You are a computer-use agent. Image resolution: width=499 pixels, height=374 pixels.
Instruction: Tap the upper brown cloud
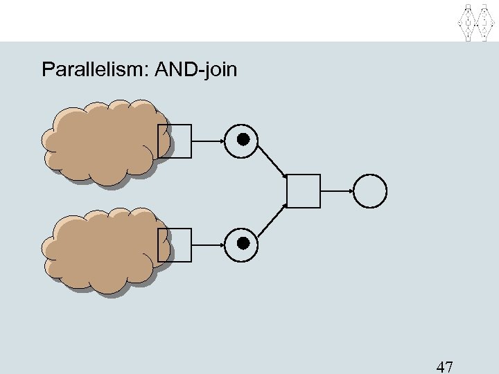pyautogui.click(x=97, y=142)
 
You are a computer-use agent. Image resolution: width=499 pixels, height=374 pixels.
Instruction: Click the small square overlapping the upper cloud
pyautogui.click(x=174, y=141)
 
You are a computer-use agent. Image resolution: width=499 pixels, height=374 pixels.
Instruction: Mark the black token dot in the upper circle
pyautogui.click(x=243, y=140)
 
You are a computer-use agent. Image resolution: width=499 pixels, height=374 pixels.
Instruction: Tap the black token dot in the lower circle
pyautogui.click(x=243, y=242)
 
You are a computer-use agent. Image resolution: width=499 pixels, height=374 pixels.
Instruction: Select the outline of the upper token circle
pyautogui.click(x=243, y=124)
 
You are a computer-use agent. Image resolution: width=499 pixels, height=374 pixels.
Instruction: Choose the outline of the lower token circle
pyautogui.click(x=243, y=226)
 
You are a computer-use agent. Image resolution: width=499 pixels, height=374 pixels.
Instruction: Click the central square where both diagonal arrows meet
pyautogui.click(x=304, y=191)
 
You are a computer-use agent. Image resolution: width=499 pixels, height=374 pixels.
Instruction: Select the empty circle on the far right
pyautogui.click(x=371, y=190)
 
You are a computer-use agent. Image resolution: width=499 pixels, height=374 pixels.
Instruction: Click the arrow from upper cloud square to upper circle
pyautogui.click(x=208, y=141)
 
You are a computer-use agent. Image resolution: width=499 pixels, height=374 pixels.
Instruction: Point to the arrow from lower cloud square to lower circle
pyautogui.click(x=208, y=243)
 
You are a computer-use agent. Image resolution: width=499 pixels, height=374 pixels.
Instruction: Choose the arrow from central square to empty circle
pyautogui.click(x=338, y=191)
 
